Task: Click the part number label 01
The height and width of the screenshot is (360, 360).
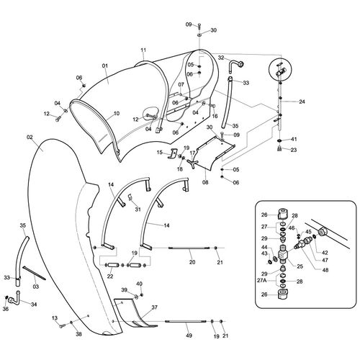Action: (105, 66)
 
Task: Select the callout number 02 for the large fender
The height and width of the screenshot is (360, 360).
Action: (30, 138)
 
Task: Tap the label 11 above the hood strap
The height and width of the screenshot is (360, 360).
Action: (143, 50)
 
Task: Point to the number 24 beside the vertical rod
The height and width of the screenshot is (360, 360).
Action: (302, 102)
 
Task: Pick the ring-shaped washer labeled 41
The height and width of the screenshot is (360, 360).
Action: (280, 140)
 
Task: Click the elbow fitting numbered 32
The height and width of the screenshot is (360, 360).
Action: (236, 65)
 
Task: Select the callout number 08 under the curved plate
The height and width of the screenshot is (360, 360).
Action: (205, 182)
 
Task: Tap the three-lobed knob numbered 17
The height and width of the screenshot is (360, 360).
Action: (193, 163)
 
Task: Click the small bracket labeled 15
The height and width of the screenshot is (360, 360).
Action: (173, 153)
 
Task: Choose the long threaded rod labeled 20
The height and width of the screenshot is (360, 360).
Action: (189, 248)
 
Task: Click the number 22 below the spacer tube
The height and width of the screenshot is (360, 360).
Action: (110, 276)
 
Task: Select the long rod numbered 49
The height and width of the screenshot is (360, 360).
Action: (186, 321)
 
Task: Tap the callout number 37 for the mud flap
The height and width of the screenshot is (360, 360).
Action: (155, 307)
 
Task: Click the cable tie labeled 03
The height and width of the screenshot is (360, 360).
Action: (34, 273)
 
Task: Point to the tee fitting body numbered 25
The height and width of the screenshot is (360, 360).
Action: (283, 254)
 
